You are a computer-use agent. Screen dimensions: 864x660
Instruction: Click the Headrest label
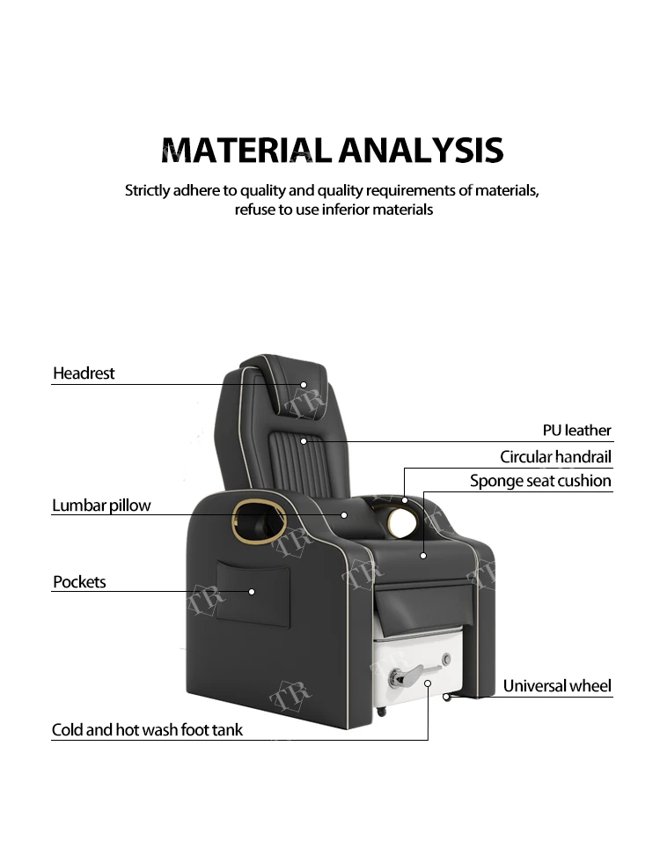pos(84,373)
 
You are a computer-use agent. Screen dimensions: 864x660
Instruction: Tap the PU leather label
pos(576,431)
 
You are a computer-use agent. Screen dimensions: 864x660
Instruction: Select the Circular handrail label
pos(555,457)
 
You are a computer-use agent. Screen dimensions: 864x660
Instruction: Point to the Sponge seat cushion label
pos(540,481)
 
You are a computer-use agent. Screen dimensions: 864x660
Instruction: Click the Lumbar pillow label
pos(101,506)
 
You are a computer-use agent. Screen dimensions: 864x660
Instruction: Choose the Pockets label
pos(79,582)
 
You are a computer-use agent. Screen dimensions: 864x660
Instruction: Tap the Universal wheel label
pos(557,686)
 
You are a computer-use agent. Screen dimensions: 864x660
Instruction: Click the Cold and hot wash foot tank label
pos(147,730)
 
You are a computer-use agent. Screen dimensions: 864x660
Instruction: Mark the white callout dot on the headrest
pos(304,385)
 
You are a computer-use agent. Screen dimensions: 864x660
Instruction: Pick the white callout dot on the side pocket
pos(252,592)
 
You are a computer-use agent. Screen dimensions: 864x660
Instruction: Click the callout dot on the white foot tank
pos(429,683)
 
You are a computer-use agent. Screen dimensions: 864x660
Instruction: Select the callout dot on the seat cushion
pos(423,556)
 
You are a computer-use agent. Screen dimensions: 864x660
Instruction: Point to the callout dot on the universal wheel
pos(447,697)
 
